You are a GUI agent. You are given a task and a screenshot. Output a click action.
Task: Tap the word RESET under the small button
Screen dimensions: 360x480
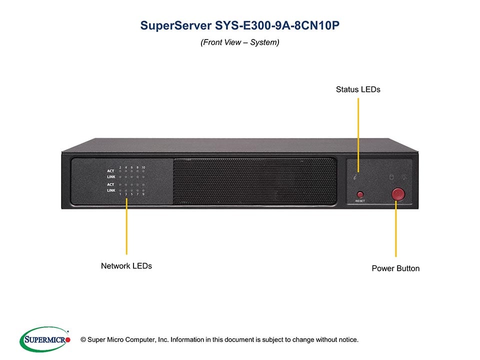point(360,201)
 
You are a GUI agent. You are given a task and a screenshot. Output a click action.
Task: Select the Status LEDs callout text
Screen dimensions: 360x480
point(358,89)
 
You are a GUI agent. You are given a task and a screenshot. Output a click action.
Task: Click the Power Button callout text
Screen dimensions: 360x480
point(395,268)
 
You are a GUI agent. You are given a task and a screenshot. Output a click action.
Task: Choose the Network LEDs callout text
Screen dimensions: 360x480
point(126,266)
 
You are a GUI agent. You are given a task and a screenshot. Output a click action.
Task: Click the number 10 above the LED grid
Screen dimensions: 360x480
point(143,167)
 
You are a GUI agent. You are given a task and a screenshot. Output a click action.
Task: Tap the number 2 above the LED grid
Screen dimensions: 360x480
point(120,167)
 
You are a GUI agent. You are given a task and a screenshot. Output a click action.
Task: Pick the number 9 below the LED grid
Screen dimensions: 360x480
point(143,194)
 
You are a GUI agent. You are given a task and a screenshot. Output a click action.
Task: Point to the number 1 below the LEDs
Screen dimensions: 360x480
point(120,194)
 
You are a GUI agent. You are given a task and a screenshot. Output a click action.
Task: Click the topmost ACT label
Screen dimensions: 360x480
point(110,171)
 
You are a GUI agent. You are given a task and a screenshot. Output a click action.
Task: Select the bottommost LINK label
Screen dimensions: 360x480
point(111,190)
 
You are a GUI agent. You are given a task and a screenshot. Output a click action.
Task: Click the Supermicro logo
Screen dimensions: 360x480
point(44,339)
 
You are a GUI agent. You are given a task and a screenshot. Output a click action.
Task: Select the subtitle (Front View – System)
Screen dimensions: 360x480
point(240,42)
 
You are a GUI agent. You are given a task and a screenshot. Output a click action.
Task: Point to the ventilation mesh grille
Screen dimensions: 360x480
point(254,181)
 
